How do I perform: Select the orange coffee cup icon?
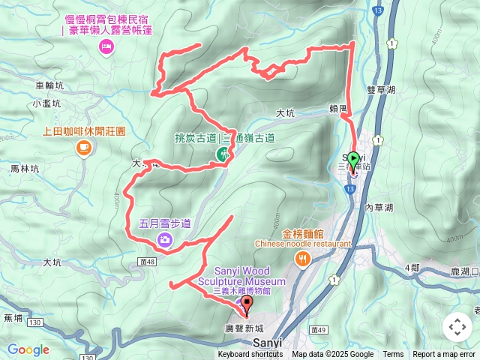[83, 148]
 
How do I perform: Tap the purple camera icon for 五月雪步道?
[165, 240]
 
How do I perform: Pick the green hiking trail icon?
[223, 153]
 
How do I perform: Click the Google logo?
[28, 349]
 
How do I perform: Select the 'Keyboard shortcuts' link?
[250, 355]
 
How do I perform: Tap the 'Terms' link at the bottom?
[393, 355]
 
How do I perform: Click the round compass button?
[457, 327]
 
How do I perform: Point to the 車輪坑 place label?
[50, 86]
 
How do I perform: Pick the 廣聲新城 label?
[244, 328]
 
